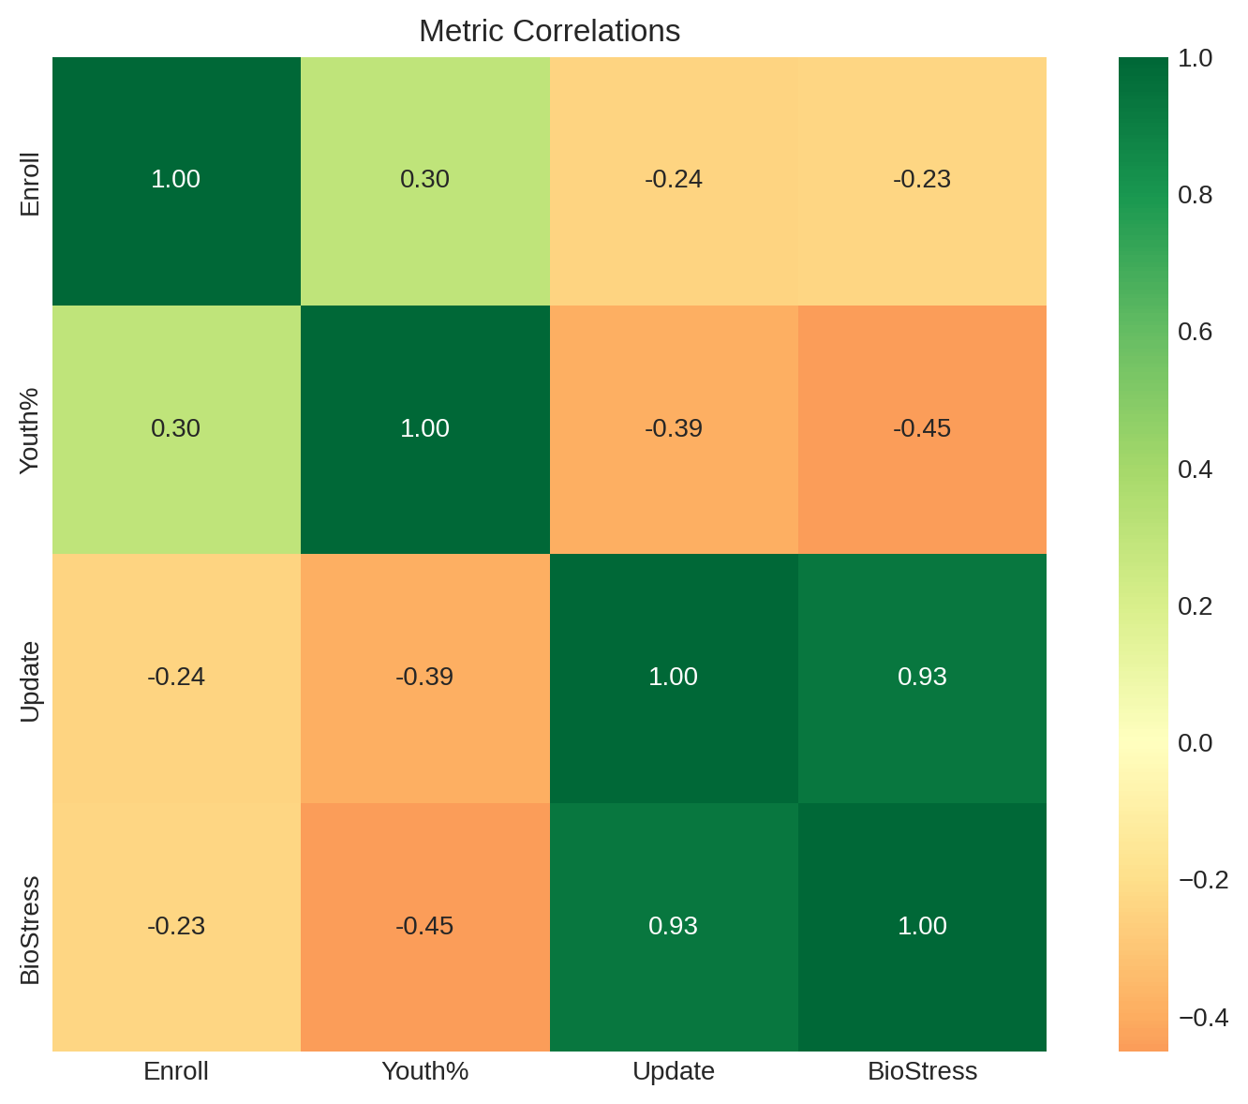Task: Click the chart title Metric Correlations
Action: pyautogui.click(x=549, y=31)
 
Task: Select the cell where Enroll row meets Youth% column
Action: pyautogui.click(x=424, y=180)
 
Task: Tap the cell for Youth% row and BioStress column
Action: pyautogui.click(x=922, y=429)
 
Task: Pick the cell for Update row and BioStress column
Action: pyautogui.click(x=922, y=678)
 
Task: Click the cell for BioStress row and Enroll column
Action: pyautogui.click(x=176, y=927)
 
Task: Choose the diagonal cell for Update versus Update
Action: pyautogui.click(x=674, y=678)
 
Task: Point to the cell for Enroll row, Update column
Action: pyautogui.click(x=674, y=180)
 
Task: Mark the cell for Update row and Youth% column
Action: pyautogui.click(x=424, y=678)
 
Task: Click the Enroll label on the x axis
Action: pyautogui.click(x=176, y=1071)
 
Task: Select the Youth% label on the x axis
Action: pyautogui.click(x=424, y=1071)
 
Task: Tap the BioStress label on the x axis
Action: pyautogui.click(x=922, y=1071)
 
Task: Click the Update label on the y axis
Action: pyautogui.click(x=30, y=681)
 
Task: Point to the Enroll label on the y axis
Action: pyautogui.click(x=30, y=184)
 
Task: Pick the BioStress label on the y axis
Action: pyautogui.click(x=30, y=930)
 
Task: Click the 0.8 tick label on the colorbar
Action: pyautogui.click(x=1195, y=195)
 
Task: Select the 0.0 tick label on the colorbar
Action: pyautogui.click(x=1195, y=743)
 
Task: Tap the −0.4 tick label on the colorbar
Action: pyautogui.click(x=1203, y=1018)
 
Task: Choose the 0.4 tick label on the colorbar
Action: pyautogui.click(x=1195, y=469)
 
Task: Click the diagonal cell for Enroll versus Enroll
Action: pyautogui.click(x=176, y=180)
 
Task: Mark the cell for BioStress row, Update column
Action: pyautogui.click(x=674, y=927)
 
